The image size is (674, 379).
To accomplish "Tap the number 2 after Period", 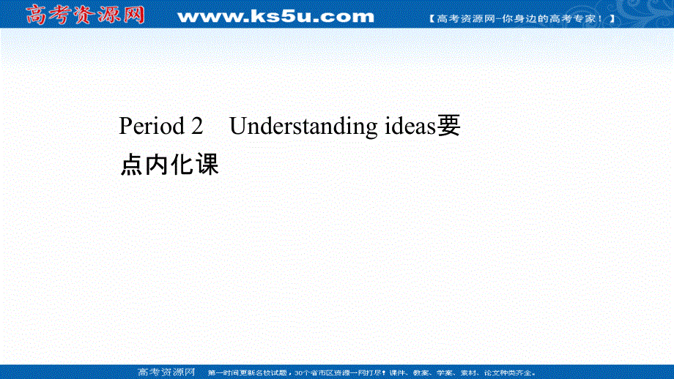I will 196,127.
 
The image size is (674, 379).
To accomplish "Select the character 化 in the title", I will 182,165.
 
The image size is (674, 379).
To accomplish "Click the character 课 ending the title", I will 207,165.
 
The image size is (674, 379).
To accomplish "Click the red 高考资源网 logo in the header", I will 86,14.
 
